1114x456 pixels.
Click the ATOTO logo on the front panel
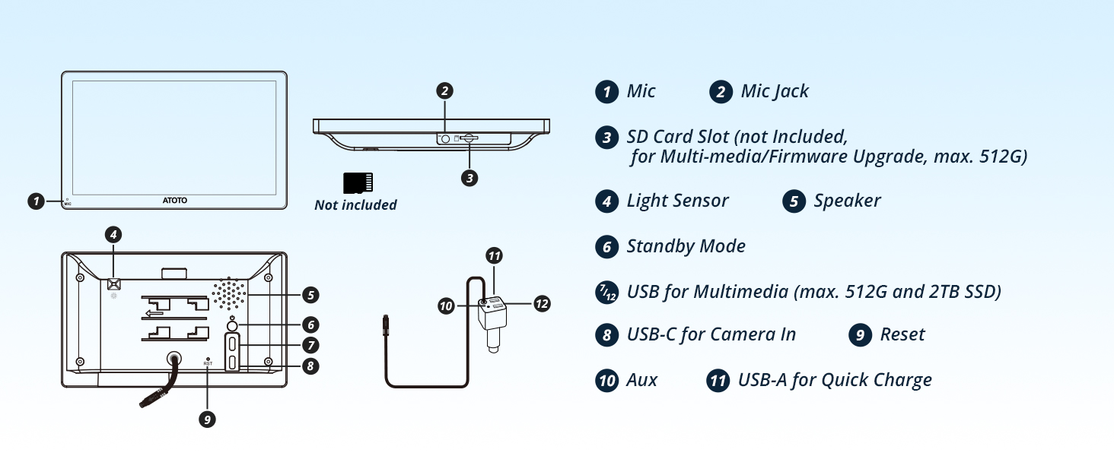[175, 200]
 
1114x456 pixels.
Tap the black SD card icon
[358, 183]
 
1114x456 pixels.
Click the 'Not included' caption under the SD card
[355, 204]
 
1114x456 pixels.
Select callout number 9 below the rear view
[208, 420]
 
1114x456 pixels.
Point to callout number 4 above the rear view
[113, 234]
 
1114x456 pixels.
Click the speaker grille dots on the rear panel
[229, 293]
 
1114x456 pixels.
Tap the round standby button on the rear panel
[232, 326]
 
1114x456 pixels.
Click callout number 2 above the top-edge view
[444, 91]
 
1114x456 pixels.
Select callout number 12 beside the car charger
[542, 303]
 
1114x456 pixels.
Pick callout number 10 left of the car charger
[446, 306]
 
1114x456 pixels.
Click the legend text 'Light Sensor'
[677, 200]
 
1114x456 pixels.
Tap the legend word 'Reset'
[902, 334]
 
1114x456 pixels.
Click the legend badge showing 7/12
[606, 292]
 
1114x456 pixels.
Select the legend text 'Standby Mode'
[686, 246]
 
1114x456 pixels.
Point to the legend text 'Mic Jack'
[775, 91]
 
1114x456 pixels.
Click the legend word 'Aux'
[641, 380]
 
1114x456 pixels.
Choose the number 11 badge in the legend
[718, 381]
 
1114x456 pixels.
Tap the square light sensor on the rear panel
[114, 283]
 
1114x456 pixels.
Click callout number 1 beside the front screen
[36, 201]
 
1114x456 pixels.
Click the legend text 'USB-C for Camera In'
[711, 334]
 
